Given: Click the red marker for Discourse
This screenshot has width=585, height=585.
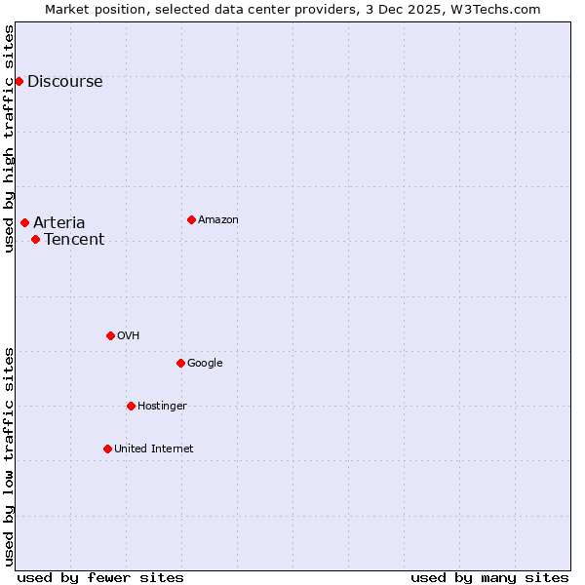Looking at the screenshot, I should [x=19, y=81].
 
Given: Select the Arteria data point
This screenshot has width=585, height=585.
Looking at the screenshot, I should [x=24, y=222].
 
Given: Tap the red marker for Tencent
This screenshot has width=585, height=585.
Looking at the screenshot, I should [x=35, y=239].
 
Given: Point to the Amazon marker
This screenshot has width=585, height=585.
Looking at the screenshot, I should [x=191, y=219].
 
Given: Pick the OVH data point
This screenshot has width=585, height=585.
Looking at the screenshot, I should [x=110, y=335].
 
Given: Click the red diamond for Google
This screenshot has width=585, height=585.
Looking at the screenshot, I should [x=180, y=363].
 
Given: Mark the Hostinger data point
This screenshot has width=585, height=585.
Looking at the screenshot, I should [x=131, y=406].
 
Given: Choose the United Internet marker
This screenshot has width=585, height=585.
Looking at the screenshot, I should [x=107, y=448].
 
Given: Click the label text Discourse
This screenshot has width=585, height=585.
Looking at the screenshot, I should [x=65, y=82].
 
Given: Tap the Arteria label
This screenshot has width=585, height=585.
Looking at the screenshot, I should [x=59, y=223].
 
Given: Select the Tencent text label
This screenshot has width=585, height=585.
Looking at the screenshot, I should [x=74, y=240].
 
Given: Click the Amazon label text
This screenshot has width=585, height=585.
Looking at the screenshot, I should [x=218, y=220].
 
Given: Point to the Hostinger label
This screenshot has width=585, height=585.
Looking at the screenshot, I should [x=162, y=407].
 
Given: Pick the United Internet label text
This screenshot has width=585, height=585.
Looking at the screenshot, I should [x=154, y=449].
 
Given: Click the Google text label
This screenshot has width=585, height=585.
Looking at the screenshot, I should [x=205, y=364].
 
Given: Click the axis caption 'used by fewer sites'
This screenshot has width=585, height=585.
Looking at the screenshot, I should [x=100, y=578].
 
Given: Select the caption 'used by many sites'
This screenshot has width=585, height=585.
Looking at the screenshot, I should [x=489, y=578].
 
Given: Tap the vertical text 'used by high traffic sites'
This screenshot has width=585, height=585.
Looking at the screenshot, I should [x=9, y=138].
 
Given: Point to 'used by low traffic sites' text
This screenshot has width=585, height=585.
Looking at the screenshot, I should [x=9, y=456].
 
